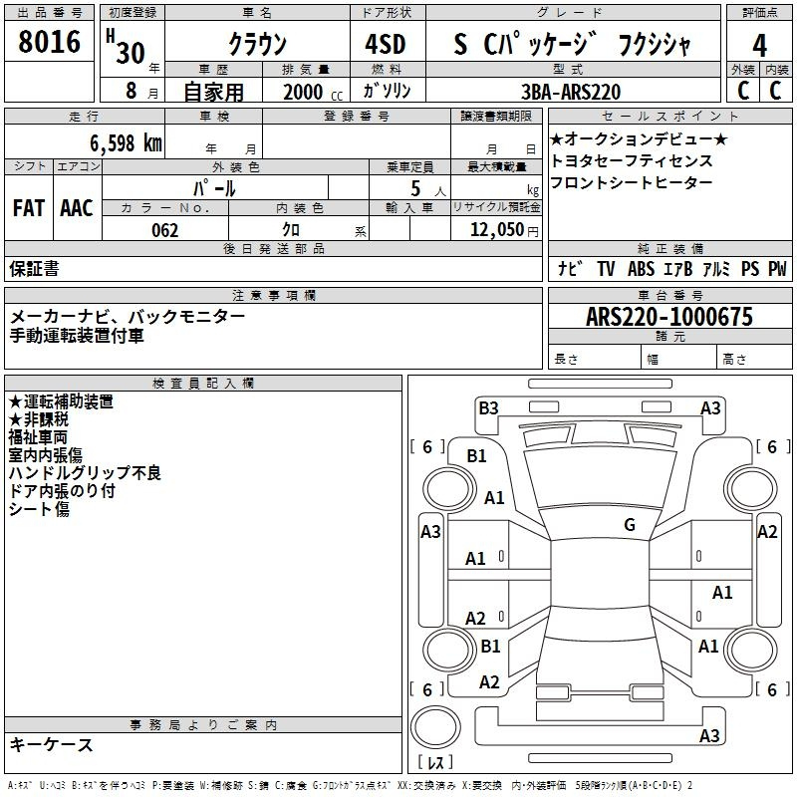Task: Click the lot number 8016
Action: click(x=50, y=42)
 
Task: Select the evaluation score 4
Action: click(x=759, y=45)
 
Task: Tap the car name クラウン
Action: click(x=257, y=45)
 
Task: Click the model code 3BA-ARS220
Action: click(x=571, y=92)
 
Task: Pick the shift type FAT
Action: click(x=29, y=207)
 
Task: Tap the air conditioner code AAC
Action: click(x=77, y=207)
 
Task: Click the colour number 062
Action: click(x=164, y=230)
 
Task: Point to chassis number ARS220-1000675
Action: click(x=669, y=317)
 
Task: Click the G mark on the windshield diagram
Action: click(x=630, y=524)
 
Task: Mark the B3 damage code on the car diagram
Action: click(x=488, y=406)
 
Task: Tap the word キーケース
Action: click(x=52, y=745)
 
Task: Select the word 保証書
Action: click(x=34, y=268)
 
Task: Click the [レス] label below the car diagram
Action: click(x=435, y=763)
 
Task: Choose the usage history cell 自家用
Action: click(x=213, y=92)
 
